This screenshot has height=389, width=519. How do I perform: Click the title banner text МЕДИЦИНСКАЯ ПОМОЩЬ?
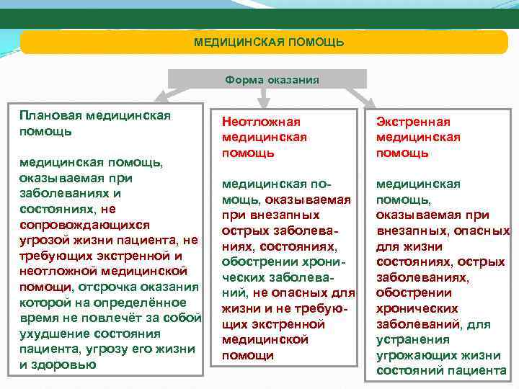click(268, 43)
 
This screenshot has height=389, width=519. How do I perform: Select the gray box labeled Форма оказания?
click(267, 79)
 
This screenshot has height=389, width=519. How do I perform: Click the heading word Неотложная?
click(261, 122)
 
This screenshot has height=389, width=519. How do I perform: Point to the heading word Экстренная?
click(413, 122)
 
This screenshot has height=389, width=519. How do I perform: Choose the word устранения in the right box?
click(409, 339)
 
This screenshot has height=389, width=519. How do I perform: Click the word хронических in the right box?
click(411, 308)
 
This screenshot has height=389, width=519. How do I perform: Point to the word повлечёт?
click(102, 318)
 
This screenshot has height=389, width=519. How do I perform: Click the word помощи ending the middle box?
click(243, 355)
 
